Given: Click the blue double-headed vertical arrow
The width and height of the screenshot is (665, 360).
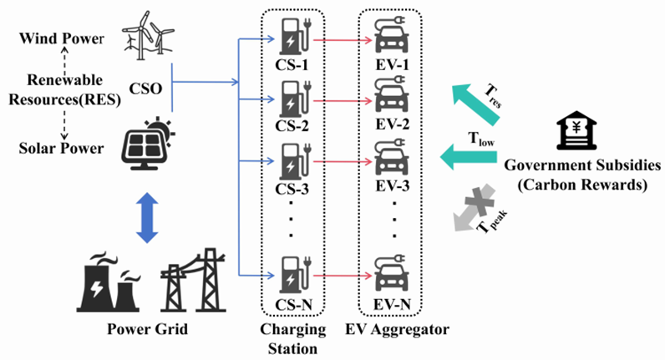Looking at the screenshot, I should point(147,215).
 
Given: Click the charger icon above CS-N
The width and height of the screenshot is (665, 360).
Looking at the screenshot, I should point(293,274).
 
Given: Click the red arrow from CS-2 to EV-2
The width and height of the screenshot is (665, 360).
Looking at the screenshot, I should point(343,99).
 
